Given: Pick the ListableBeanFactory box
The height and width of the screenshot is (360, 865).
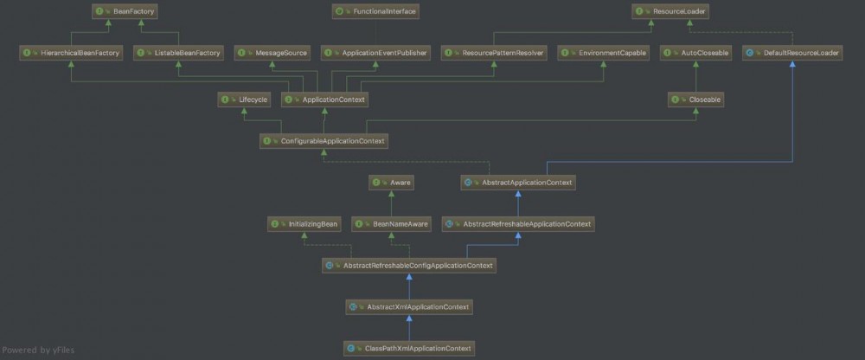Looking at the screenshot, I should click(x=179, y=53).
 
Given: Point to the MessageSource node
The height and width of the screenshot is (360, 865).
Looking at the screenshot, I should click(x=272, y=53).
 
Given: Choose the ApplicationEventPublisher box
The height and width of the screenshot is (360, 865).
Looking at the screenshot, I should click(x=376, y=53).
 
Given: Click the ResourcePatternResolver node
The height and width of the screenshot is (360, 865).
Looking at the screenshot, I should click(x=494, y=53).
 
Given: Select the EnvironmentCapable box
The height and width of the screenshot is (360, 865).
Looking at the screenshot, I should click(x=603, y=53).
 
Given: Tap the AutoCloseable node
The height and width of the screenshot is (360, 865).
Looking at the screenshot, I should click(x=696, y=53).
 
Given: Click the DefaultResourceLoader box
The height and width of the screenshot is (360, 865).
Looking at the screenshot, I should click(x=793, y=53).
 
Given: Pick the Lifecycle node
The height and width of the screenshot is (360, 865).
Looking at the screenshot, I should click(x=246, y=100).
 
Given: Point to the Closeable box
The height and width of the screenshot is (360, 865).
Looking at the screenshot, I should click(x=696, y=100).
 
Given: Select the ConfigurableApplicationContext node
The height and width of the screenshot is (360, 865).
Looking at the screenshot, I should click(x=324, y=140).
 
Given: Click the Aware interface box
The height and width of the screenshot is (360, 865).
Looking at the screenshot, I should click(x=392, y=183).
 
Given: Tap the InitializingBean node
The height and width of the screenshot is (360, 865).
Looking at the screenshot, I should click(x=304, y=223).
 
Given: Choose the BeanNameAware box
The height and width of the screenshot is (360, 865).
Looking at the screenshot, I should click(x=391, y=223).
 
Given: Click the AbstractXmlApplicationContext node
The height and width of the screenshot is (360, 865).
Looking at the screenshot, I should click(x=410, y=306).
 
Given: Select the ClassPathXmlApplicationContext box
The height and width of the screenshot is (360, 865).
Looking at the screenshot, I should click(x=410, y=348).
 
